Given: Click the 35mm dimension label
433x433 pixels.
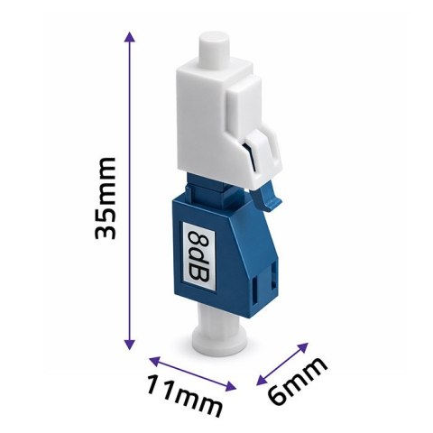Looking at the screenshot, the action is [x=105, y=198].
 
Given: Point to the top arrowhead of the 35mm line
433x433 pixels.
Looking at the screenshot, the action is [x=129, y=36].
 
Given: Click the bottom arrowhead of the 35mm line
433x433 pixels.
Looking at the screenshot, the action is [x=130, y=344].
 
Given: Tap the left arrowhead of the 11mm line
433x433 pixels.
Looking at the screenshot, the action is [x=154, y=361].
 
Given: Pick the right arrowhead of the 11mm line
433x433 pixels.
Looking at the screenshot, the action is [x=231, y=386].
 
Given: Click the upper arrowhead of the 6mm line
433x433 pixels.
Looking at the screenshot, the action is [x=303, y=347].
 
